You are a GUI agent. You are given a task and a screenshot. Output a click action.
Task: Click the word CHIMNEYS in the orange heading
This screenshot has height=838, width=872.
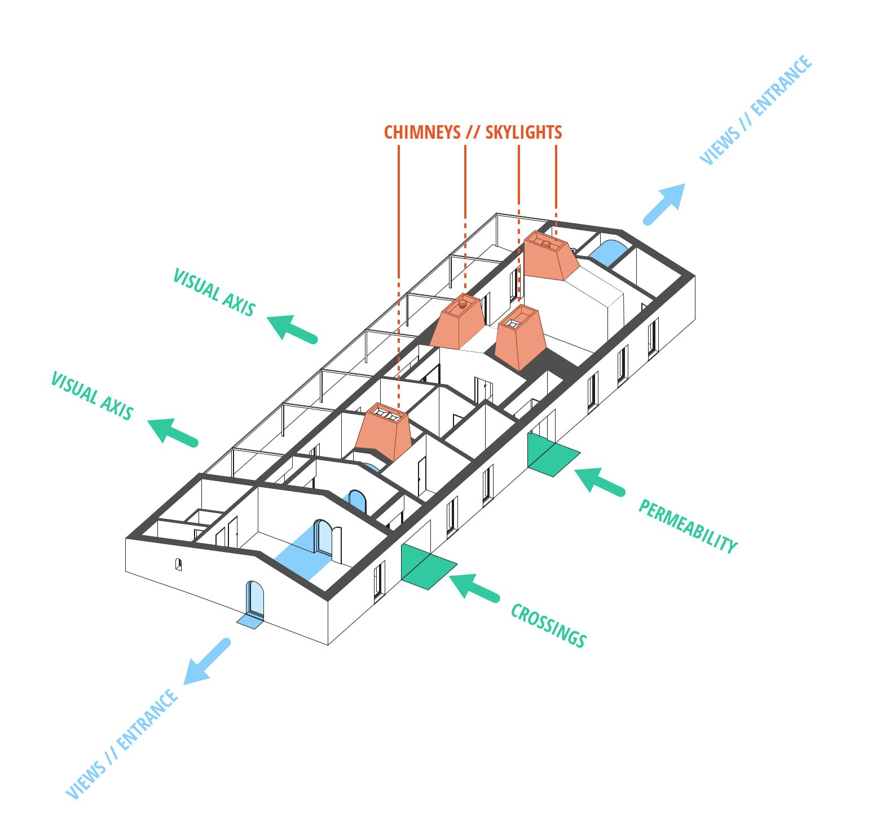tap(422, 132)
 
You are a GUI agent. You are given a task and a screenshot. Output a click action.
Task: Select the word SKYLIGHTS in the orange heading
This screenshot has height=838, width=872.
tap(523, 132)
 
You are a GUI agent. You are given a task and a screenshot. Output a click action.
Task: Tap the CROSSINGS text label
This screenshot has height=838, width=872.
tap(548, 625)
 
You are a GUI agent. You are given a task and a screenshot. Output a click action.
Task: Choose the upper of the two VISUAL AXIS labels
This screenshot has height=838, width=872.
tap(214, 292)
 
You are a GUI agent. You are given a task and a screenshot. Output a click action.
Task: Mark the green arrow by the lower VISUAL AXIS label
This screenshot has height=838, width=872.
tap(173, 431)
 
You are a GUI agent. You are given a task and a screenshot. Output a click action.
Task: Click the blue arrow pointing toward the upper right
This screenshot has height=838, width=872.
tap(666, 204)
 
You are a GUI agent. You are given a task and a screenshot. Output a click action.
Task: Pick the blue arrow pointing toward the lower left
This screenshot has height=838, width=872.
tap(207, 662)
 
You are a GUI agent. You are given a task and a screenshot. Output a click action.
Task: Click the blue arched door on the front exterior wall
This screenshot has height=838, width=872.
tap(254, 599)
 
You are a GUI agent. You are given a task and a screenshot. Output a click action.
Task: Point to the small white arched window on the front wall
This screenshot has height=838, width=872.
tap(178, 563)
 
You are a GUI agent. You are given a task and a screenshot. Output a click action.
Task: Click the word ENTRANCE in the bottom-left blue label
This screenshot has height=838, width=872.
tap(148, 720)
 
